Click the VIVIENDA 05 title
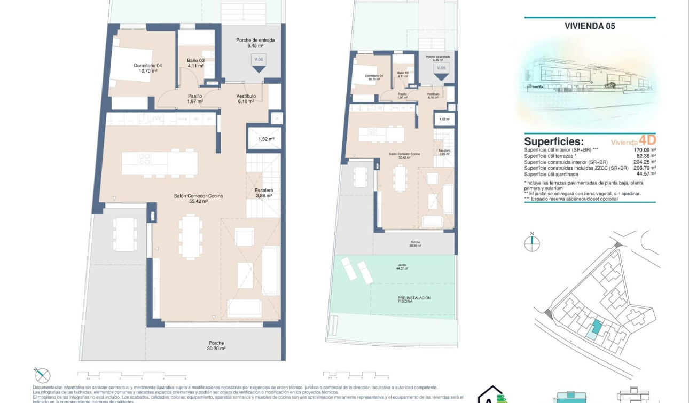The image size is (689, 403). pos(590,25)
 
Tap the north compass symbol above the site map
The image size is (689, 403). pos(532,242)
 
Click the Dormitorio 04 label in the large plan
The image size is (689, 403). pos(147,68)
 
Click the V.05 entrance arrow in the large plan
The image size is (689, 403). pos(259,64)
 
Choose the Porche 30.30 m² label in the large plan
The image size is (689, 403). pos(216,345)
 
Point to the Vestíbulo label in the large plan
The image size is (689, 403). pos(246,99)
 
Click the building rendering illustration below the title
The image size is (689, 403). pos(590,80)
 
